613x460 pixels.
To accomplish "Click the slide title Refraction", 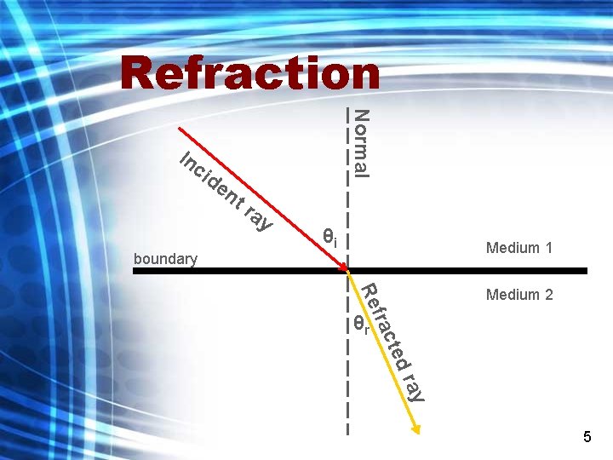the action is click(249, 73).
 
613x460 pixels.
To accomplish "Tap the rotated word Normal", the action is click(361, 143).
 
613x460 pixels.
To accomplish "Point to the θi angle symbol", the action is click(329, 237).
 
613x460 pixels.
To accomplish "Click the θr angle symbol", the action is click(360, 325).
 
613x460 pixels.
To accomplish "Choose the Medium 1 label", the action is click(519, 248).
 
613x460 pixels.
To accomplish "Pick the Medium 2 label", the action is click(519, 295).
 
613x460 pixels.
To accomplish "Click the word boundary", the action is click(166, 258).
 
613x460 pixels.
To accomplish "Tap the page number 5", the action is click(587, 437).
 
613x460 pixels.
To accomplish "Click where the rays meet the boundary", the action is click(347, 271).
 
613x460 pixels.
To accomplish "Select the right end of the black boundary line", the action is click(585, 271).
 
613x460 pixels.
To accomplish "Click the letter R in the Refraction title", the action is click(139, 73).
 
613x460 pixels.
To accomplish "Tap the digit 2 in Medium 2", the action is click(548, 295).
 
